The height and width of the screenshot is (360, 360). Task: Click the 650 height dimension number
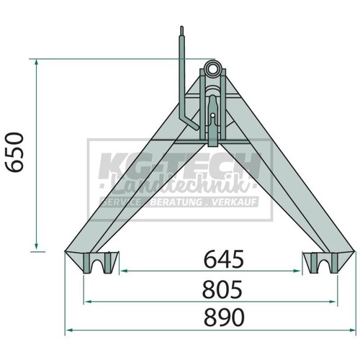pyautogui.click(x=15, y=153)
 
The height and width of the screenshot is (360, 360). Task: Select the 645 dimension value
pyautogui.click(x=223, y=259)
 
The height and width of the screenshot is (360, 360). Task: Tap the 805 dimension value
pyautogui.click(x=222, y=289)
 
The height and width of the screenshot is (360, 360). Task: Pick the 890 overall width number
pyautogui.click(x=224, y=318)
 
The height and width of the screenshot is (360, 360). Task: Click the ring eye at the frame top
pyautogui.click(x=212, y=68)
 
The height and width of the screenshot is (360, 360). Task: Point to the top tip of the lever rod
pyautogui.click(x=181, y=27)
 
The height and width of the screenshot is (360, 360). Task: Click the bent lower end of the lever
pyautogui.click(x=192, y=124)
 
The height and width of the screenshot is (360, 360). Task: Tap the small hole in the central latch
pyautogui.click(x=212, y=115)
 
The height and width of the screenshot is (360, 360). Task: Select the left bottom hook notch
pyautogui.click(x=98, y=264)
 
